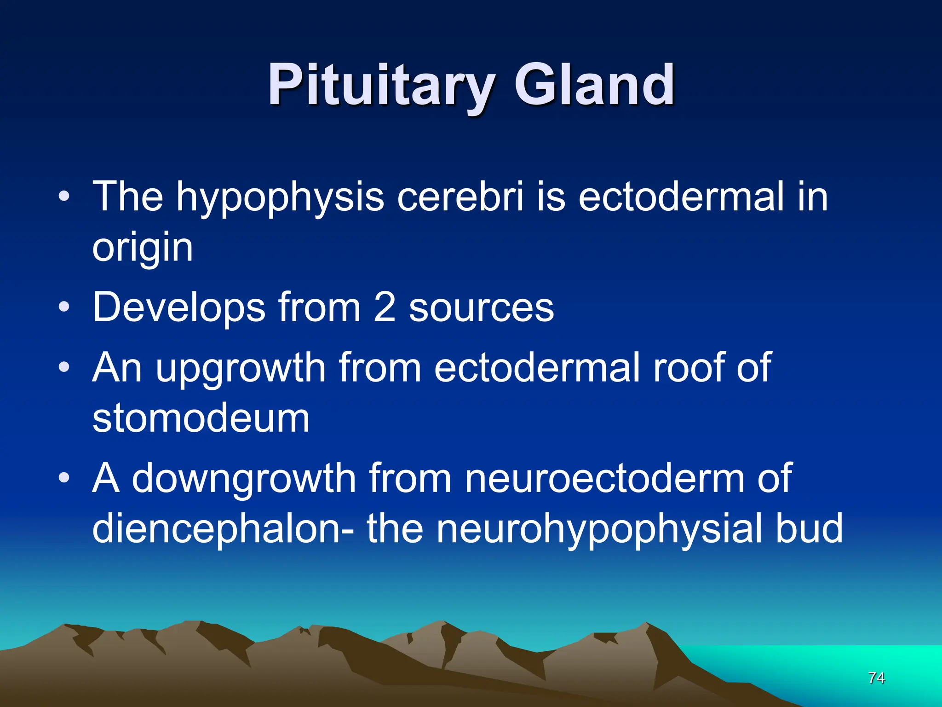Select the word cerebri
(460, 197)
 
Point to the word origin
(142, 249)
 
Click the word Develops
(178, 307)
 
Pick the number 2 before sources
(385, 307)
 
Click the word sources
(481, 307)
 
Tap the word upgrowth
(241, 368)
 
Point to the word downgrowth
(244, 479)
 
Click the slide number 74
(876, 678)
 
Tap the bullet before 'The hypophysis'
(64, 197)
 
